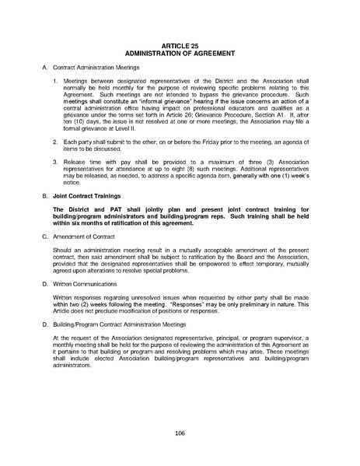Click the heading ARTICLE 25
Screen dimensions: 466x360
[x=180, y=46]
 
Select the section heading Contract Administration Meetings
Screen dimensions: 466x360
[x=89, y=70]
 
